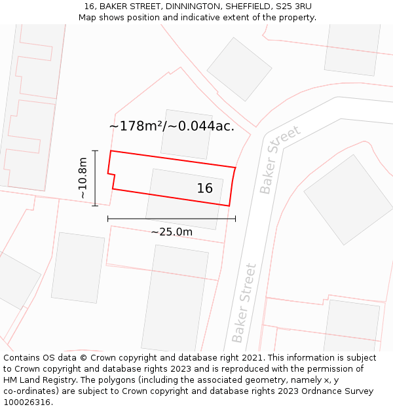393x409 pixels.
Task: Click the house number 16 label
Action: (205, 188)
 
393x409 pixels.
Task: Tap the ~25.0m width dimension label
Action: (172, 232)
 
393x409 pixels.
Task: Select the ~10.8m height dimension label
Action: (83, 178)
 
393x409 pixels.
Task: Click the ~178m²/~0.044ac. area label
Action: (172, 126)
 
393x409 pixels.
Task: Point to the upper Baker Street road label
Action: (279, 160)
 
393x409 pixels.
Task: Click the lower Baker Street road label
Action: (244, 302)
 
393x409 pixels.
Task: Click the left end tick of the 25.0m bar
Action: (108, 219)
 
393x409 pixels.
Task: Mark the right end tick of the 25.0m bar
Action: (235, 219)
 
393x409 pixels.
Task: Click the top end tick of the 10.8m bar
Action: (95, 151)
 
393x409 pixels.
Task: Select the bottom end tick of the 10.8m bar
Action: (95, 205)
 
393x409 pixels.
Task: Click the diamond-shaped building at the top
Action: (239, 69)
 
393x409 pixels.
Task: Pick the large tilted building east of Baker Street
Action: (348, 199)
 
